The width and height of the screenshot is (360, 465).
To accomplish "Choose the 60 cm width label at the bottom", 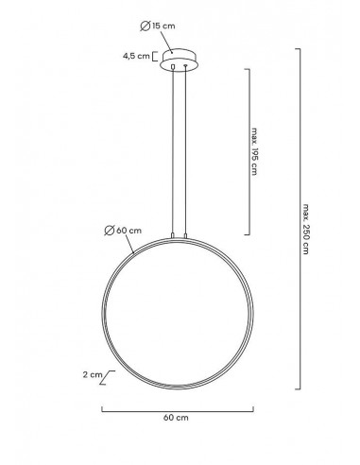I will coord(178,417).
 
